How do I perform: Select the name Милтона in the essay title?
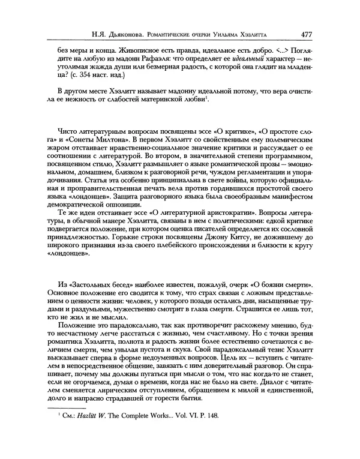[x=100, y=139]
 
